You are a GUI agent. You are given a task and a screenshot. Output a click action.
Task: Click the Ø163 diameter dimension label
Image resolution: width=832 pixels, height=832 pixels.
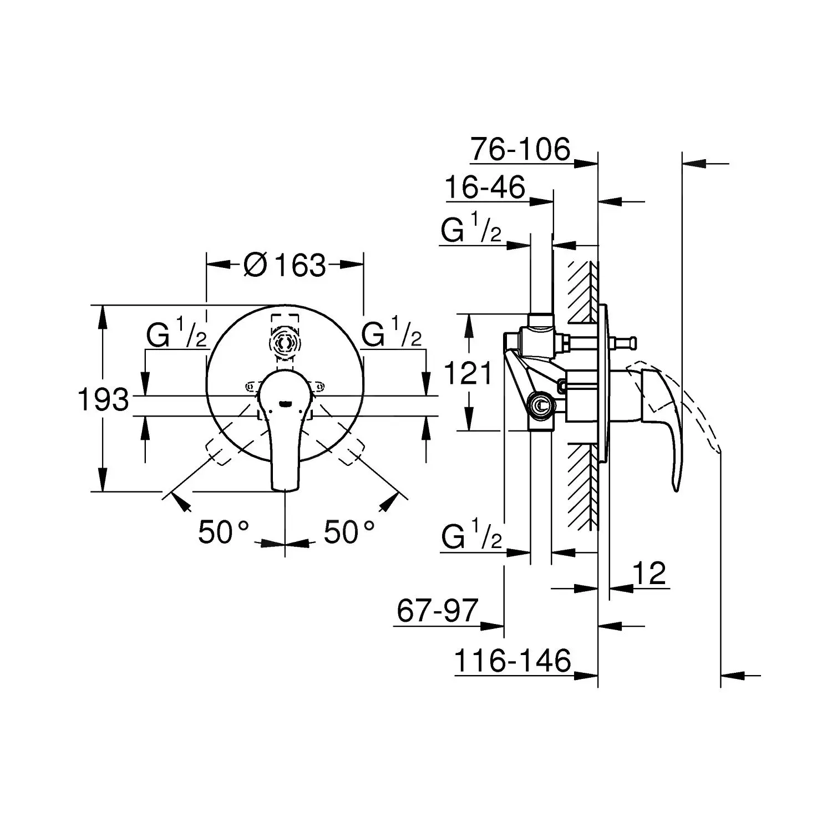(285, 265)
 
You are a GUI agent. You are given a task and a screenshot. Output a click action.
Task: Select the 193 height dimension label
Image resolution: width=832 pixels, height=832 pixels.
(103, 399)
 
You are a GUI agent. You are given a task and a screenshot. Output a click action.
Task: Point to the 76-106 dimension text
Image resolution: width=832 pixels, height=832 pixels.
(520, 149)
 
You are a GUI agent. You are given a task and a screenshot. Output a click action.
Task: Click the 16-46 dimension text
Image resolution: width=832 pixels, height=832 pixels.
(485, 188)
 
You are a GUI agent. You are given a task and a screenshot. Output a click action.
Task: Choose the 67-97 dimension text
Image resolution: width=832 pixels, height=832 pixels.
(437, 611)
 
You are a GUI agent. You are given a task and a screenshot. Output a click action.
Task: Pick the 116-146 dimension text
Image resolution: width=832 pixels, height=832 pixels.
(513, 661)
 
